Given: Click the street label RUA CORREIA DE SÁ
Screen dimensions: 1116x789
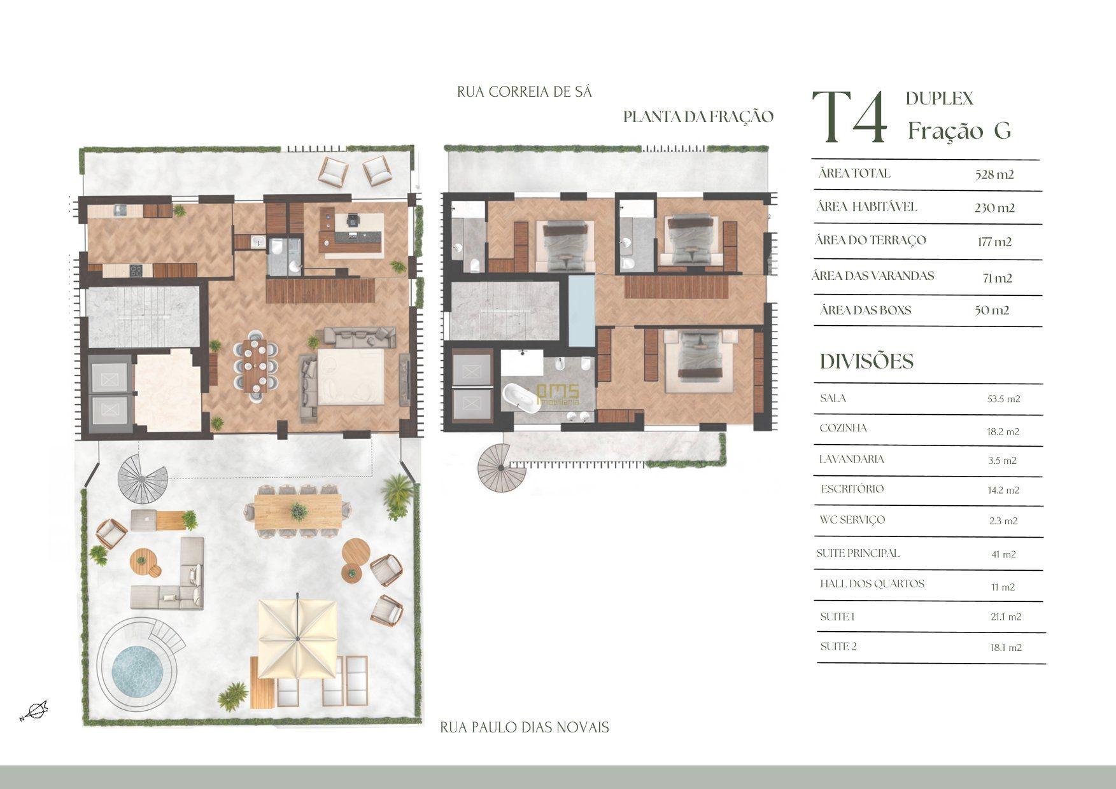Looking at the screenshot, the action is [x=525, y=92].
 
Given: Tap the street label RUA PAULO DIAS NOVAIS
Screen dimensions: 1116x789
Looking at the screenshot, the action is [x=525, y=727].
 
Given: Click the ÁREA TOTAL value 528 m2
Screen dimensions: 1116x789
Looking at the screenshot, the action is [x=994, y=174].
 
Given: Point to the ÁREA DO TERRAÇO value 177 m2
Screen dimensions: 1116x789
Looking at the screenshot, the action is [x=994, y=242].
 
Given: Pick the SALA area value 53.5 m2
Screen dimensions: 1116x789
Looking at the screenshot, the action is [x=1003, y=399].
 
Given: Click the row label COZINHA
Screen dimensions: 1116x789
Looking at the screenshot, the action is [x=843, y=428].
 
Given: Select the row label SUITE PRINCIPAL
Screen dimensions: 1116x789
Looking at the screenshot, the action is [x=858, y=553].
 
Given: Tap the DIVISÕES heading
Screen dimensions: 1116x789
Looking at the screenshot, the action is [x=866, y=361].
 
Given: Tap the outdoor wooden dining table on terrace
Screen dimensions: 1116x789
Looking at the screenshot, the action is [x=297, y=511].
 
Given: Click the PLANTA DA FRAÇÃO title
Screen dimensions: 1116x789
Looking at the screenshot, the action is [x=698, y=116].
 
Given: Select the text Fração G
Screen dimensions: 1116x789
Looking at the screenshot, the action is [x=959, y=130].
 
